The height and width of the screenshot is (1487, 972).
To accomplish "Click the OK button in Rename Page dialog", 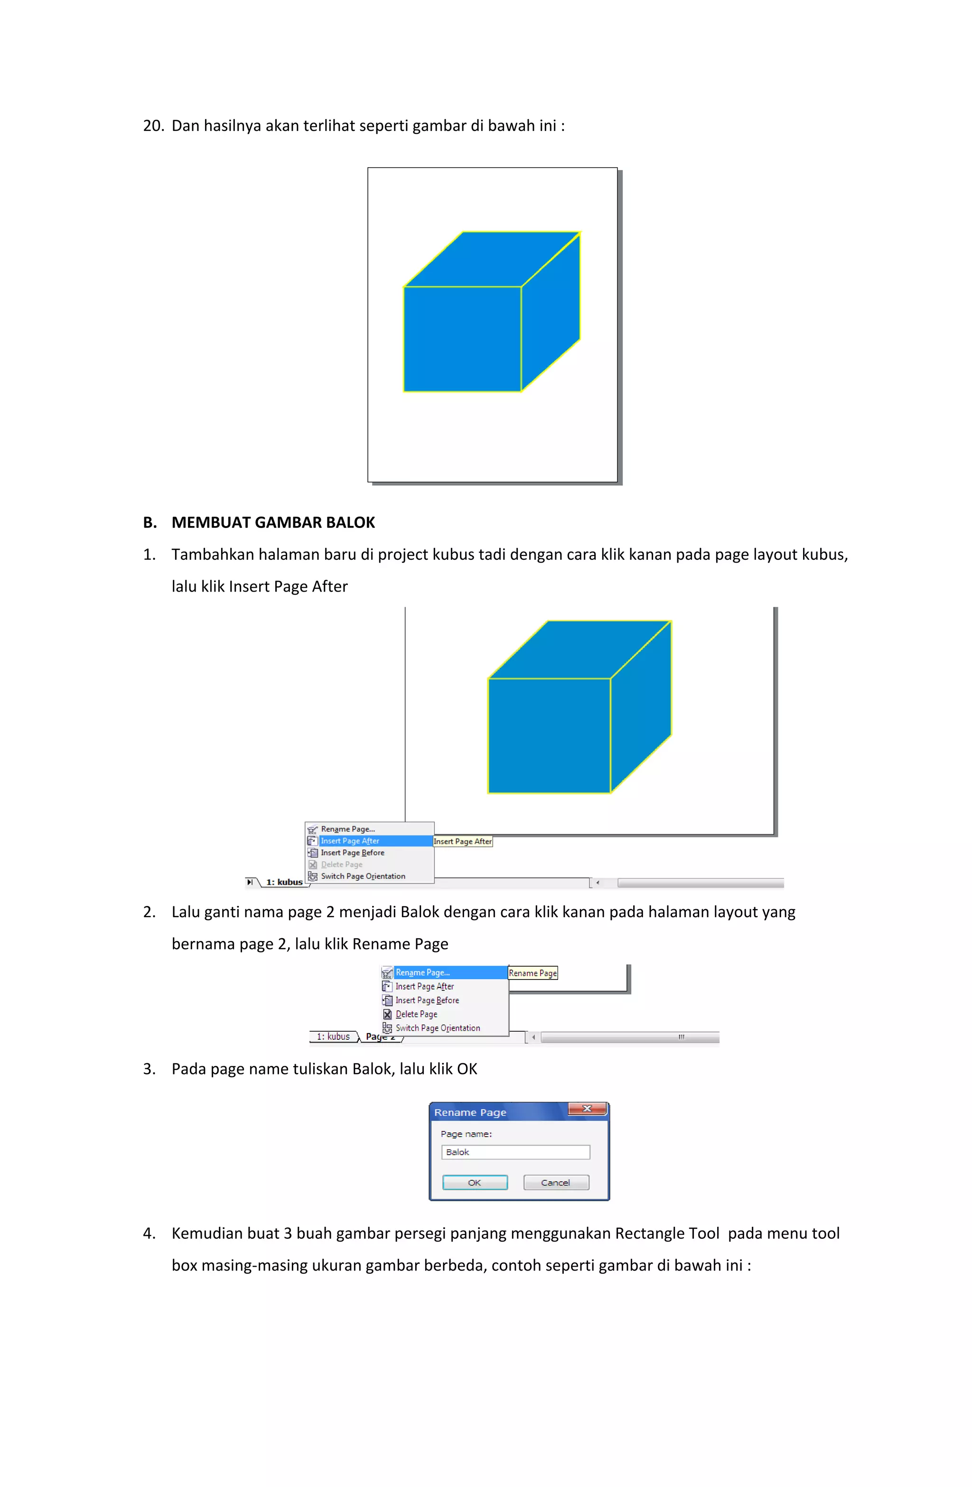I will (x=474, y=1182).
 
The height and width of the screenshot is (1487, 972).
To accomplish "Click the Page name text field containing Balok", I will (x=515, y=1151).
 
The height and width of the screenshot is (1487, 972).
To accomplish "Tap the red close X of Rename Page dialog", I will (x=586, y=1109).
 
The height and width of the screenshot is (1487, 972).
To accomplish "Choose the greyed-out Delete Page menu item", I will (x=342, y=865).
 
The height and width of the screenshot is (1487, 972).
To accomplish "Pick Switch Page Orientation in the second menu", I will (x=437, y=1028).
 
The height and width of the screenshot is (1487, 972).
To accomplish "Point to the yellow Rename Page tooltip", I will (x=532, y=973).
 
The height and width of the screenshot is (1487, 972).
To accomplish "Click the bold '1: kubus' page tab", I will (x=284, y=882).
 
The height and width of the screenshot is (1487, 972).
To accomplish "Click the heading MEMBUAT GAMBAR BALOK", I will (x=273, y=522).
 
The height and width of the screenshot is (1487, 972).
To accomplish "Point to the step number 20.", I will (x=152, y=126).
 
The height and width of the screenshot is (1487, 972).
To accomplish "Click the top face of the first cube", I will (x=492, y=259).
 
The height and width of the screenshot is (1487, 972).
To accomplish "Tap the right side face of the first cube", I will (x=550, y=312).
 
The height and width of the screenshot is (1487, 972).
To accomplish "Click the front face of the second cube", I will (x=549, y=735).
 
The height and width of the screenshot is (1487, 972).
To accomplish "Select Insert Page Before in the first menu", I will (x=352, y=853).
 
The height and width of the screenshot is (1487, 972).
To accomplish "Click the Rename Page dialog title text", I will (x=470, y=1112).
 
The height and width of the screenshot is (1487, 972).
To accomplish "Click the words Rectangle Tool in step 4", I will (x=666, y=1233).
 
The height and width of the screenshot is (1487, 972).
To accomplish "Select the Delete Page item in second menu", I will (x=416, y=1014).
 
